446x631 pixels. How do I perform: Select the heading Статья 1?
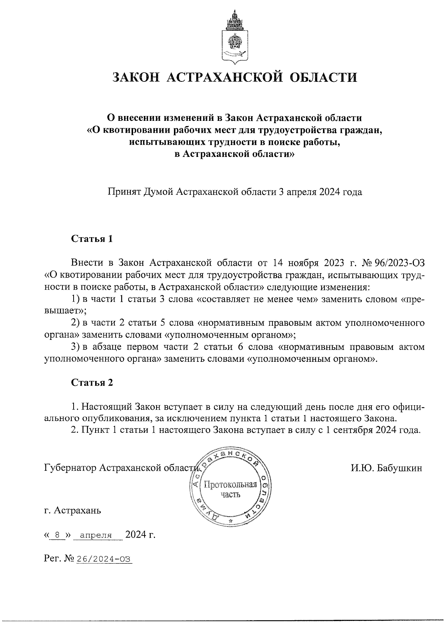pyautogui.click(x=91, y=239)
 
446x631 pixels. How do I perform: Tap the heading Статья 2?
pyautogui.click(x=91, y=383)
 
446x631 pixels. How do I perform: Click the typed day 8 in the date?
pyautogui.click(x=57, y=535)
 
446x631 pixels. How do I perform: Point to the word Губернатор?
pyautogui.click(x=70, y=468)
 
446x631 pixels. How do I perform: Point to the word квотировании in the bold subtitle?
pyautogui.click(x=129, y=130)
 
